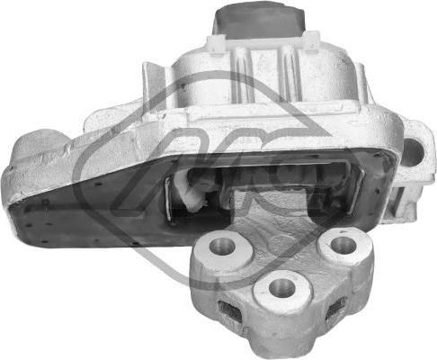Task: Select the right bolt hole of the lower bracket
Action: [340, 243]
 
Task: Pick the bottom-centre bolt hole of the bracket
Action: [281, 288]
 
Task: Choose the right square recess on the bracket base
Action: [335, 309]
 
